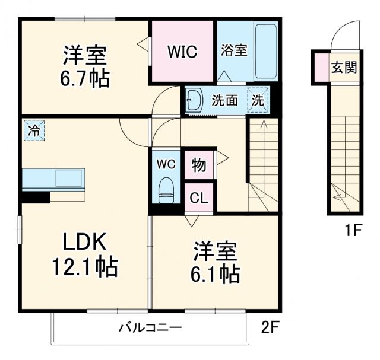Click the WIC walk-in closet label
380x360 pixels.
(182, 52)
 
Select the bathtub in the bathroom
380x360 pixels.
(265, 52)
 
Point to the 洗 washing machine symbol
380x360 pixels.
(258, 100)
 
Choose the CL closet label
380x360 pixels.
(199, 198)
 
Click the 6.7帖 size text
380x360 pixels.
(85, 78)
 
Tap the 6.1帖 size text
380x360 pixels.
(216, 273)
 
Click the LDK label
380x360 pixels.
(85, 243)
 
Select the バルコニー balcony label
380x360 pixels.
(149, 327)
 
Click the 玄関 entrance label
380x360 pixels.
(344, 67)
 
